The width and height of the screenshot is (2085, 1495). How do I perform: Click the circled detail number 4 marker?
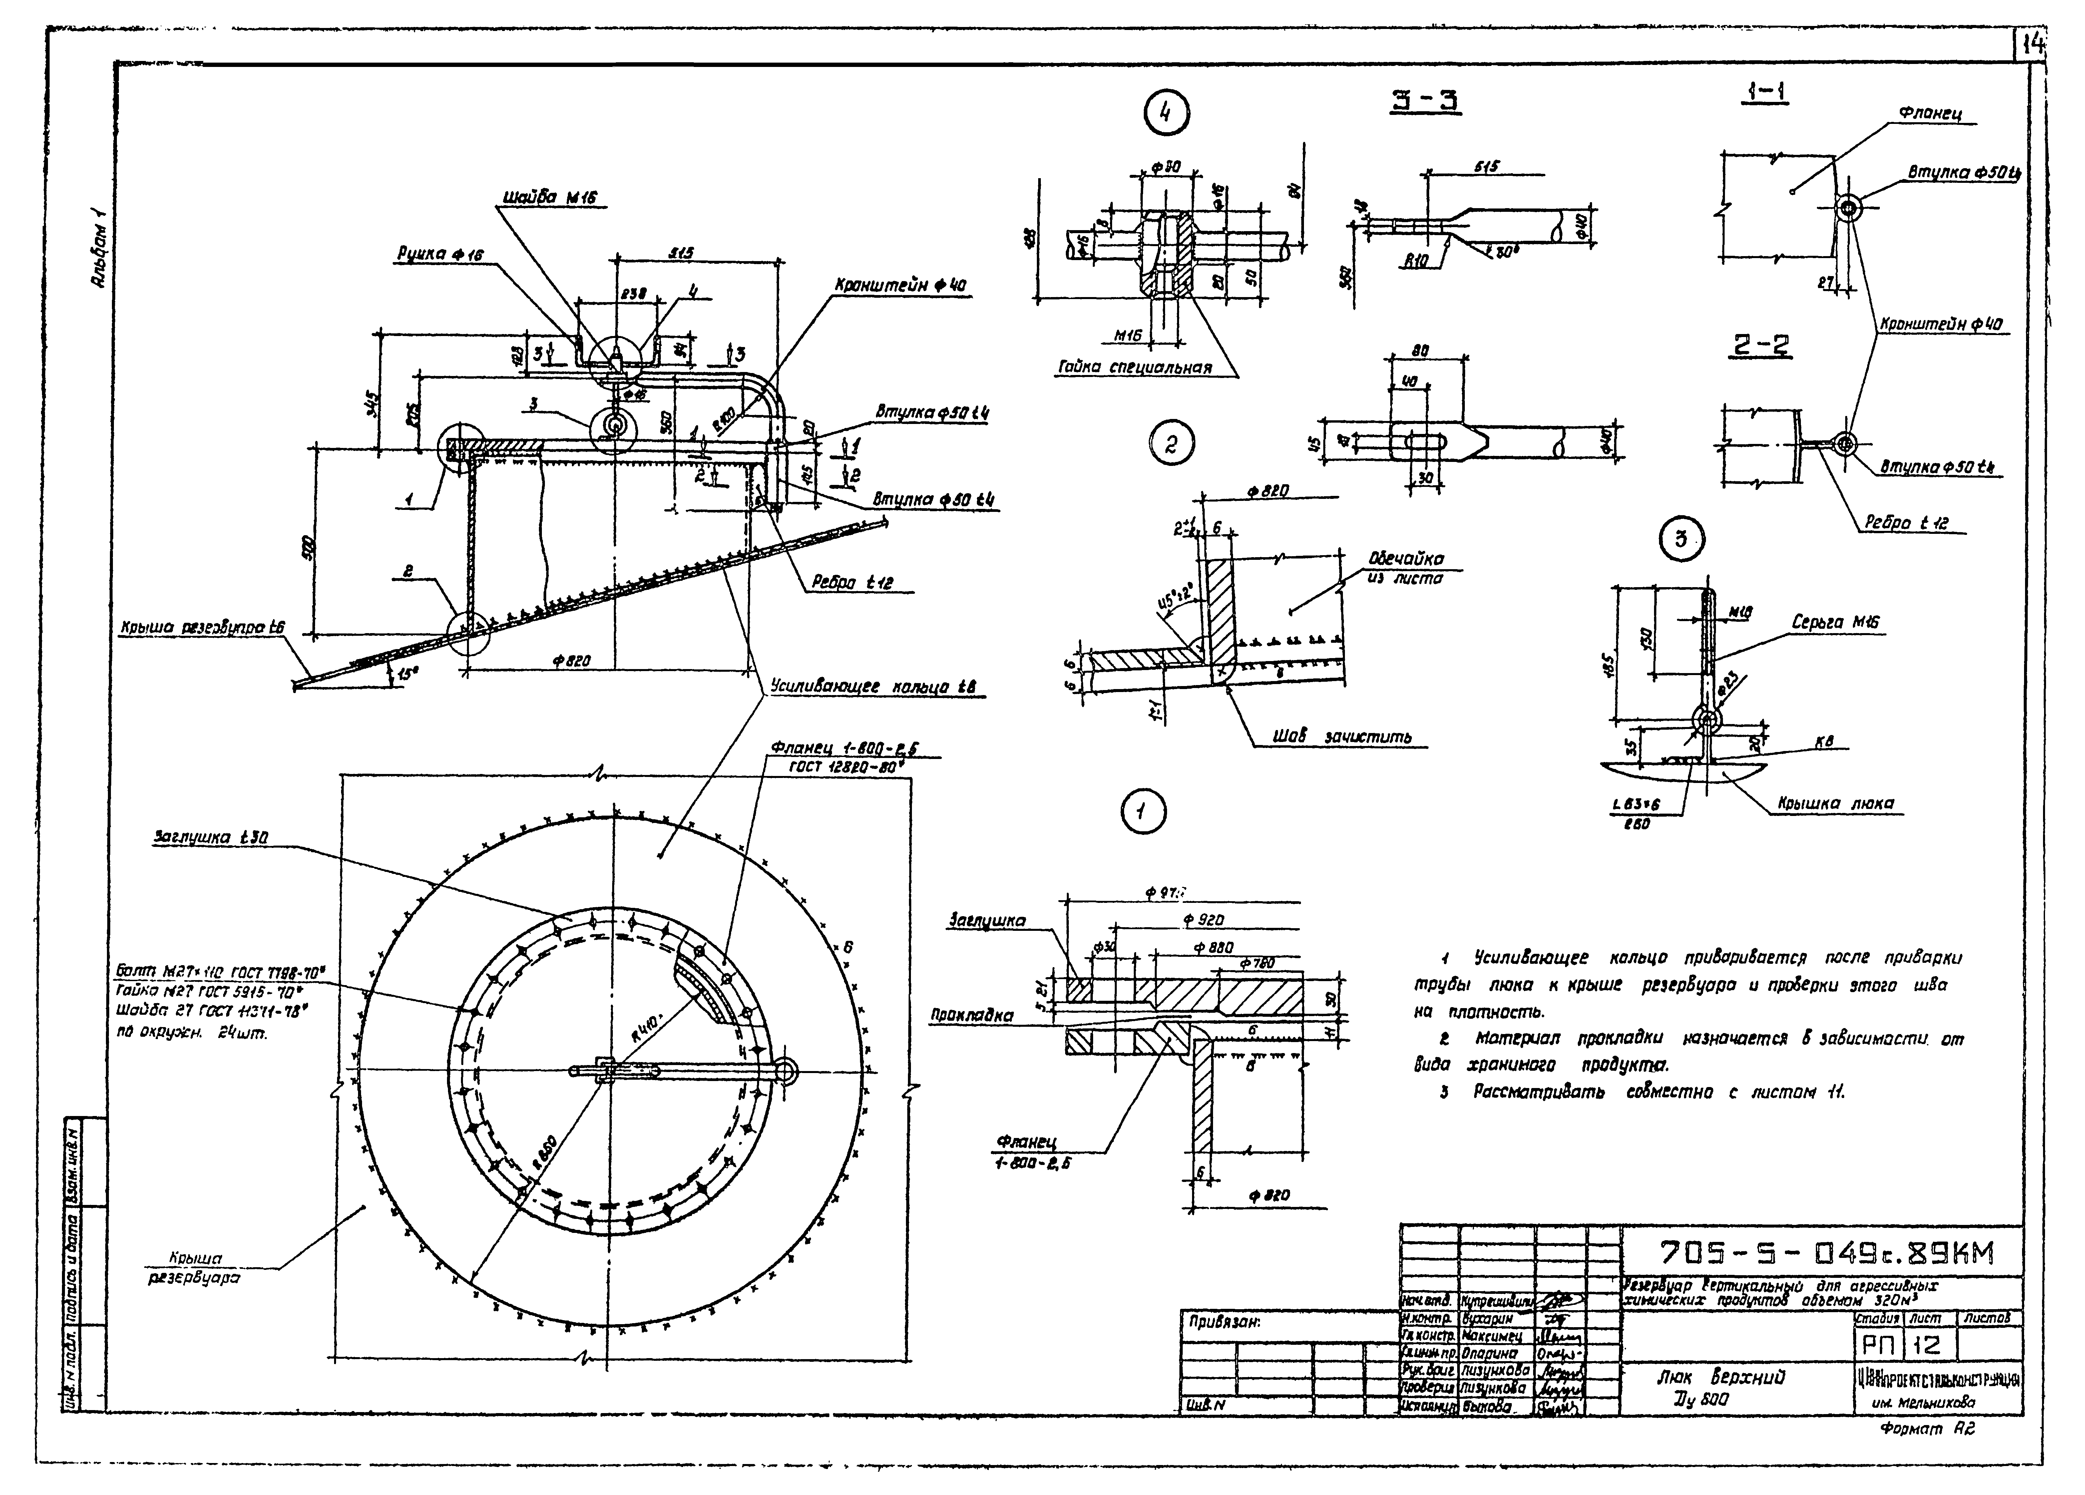[1166, 114]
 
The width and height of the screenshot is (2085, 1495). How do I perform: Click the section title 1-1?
[1763, 92]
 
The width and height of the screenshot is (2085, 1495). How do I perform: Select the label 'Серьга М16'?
[1834, 622]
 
